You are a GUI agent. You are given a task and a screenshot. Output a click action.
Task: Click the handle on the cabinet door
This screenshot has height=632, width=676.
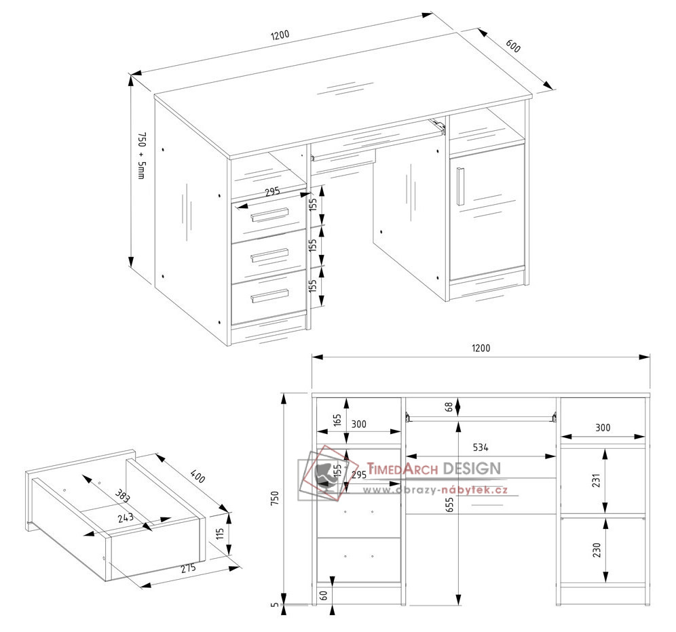(459, 185)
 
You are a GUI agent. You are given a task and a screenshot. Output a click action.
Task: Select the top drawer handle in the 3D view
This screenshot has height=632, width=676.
(270, 215)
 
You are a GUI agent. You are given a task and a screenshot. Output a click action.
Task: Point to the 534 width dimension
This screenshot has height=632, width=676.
(481, 448)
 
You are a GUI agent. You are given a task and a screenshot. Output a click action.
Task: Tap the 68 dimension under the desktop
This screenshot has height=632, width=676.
(449, 407)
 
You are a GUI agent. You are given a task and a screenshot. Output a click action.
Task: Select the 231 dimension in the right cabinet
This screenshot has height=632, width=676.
(595, 479)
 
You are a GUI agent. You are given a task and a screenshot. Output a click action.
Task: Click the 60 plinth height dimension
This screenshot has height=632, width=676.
(324, 595)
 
